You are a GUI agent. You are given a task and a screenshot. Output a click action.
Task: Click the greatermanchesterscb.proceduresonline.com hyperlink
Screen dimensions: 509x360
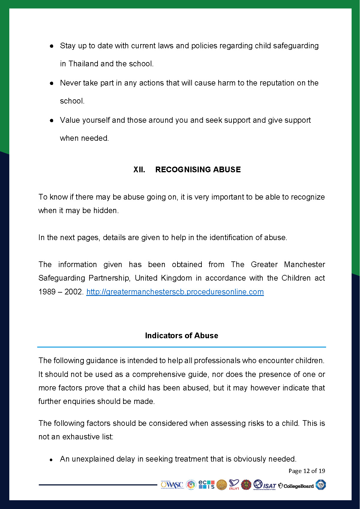tap(175, 292)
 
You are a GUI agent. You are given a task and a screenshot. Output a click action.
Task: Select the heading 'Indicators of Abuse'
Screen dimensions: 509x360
tap(181, 336)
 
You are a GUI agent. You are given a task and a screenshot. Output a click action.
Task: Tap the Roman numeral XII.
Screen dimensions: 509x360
tap(139, 170)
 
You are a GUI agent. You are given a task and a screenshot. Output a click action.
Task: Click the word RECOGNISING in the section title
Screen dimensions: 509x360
tap(183, 170)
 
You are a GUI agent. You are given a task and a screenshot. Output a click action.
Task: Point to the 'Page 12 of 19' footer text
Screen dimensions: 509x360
tap(307, 471)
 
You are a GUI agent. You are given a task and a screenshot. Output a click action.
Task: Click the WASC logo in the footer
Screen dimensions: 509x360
tap(172, 485)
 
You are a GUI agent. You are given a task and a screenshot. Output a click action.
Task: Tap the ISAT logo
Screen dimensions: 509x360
tap(265, 485)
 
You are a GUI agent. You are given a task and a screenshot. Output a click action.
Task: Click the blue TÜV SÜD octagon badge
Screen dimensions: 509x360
tap(321, 485)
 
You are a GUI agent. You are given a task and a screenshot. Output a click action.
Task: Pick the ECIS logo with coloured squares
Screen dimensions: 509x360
tap(207, 484)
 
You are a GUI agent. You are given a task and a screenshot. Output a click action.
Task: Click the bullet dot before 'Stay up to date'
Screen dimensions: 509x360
tap(52, 46)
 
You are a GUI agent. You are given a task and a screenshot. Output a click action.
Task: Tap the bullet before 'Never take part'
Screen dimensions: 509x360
tap(52, 83)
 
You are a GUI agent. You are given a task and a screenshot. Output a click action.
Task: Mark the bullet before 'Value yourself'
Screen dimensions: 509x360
tap(52, 120)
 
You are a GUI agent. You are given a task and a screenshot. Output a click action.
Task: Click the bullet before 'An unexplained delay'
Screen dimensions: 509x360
tap(52, 459)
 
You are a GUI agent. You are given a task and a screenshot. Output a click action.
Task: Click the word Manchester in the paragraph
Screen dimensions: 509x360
tap(304, 264)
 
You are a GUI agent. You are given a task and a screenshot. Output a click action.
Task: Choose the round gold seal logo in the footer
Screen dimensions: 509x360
tap(222, 485)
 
